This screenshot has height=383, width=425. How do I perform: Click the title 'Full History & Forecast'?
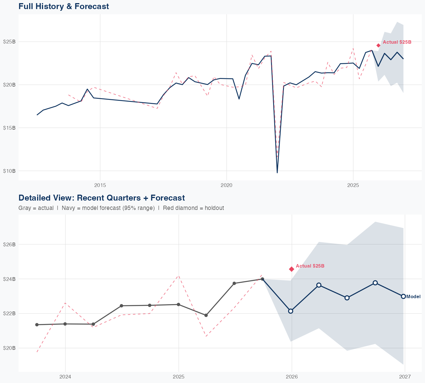(x=63, y=6)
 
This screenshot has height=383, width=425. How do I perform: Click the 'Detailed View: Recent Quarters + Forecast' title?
(x=101, y=198)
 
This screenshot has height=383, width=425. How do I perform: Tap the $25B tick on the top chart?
(x=9, y=42)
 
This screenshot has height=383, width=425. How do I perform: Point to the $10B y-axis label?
(x=9, y=171)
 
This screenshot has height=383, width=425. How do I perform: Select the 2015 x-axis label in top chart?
(x=100, y=185)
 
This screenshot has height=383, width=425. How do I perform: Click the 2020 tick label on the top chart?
(x=226, y=185)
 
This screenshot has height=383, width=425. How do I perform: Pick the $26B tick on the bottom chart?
(x=9, y=244)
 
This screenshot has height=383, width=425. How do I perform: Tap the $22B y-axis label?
(x=9, y=313)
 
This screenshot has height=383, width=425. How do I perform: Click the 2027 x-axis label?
(x=405, y=377)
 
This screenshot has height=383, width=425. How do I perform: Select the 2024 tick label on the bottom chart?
(x=65, y=377)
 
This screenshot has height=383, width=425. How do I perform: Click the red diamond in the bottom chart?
(x=292, y=269)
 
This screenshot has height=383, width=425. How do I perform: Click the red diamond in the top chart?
(x=378, y=45)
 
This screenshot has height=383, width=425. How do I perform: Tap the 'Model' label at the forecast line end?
(x=413, y=297)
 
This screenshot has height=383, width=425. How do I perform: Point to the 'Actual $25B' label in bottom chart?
(x=310, y=266)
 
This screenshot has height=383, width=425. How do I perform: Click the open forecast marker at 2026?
(x=291, y=311)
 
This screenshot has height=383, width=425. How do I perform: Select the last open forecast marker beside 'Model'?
(x=403, y=296)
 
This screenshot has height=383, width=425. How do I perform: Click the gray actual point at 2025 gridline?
(x=178, y=304)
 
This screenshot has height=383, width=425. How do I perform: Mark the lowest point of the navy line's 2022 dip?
(x=277, y=172)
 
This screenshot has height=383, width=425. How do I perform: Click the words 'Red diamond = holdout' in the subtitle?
(x=194, y=208)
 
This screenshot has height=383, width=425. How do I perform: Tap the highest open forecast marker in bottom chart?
(x=375, y=283)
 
